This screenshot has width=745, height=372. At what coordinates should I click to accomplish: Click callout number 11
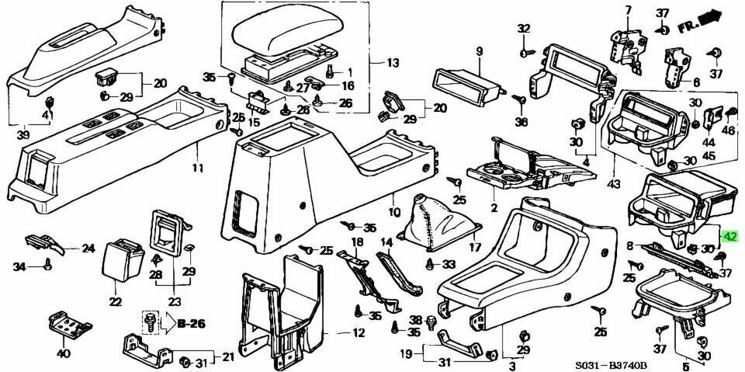tap(197, 168)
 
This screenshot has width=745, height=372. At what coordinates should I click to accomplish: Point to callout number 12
tap(358, 333)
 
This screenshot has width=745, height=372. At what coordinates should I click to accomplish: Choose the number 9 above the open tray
tap(479, 51)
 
